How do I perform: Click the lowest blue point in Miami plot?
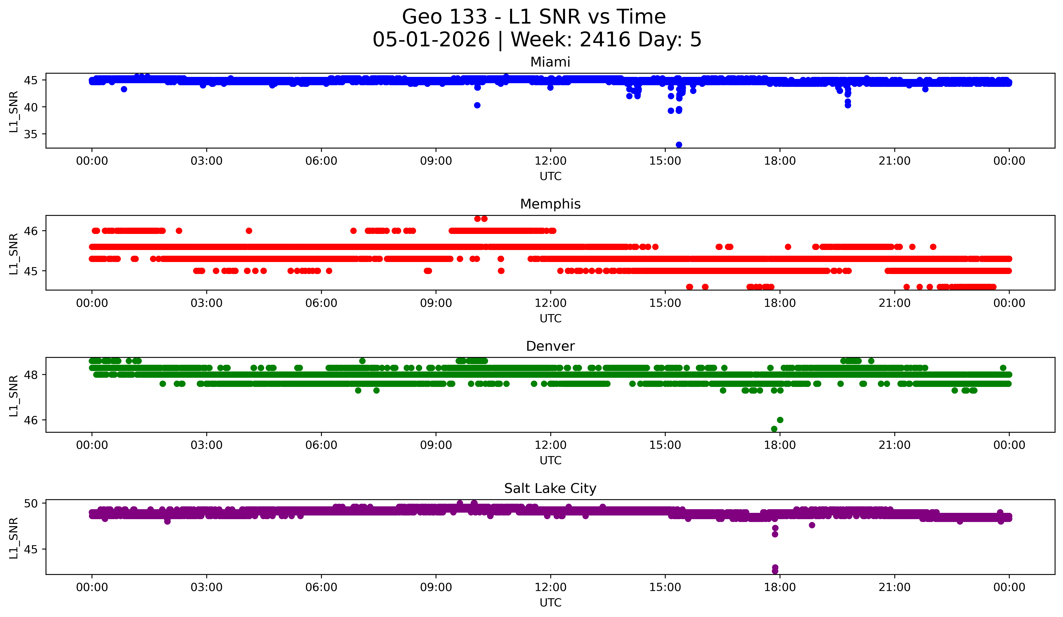679,145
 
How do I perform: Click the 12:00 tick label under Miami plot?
551,161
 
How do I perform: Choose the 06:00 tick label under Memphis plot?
321,303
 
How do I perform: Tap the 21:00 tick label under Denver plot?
895,445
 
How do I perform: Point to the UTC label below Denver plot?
551,461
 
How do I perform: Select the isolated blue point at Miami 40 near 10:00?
477,105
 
